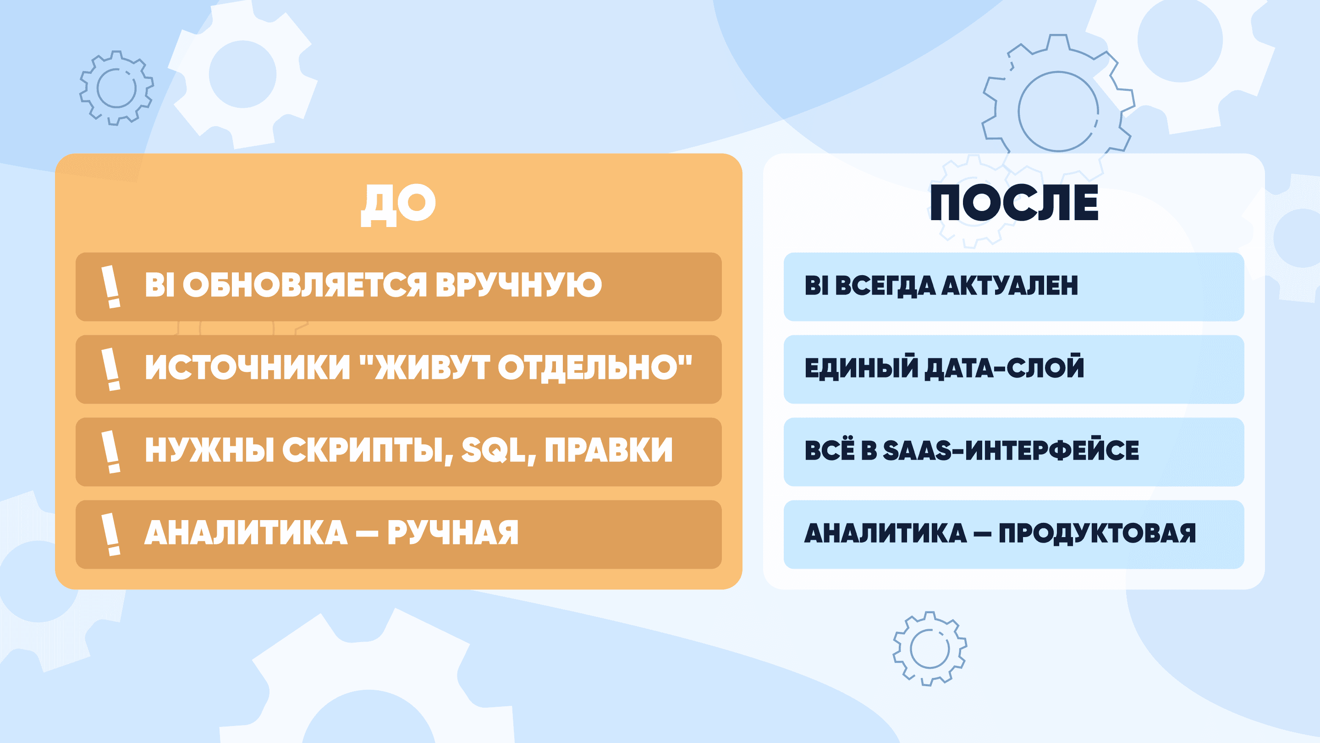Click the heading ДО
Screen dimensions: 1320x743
[x=398, y=204]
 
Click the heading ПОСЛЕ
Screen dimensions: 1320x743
[x=1014, y=203]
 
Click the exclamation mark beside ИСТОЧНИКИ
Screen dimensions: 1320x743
[x=110, y=369]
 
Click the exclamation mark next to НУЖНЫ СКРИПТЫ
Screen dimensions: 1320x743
[x=110, y=452]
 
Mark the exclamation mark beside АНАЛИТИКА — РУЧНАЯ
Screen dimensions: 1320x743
[x=110, y=534]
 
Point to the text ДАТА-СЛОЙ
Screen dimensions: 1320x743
[x=1004, y=368]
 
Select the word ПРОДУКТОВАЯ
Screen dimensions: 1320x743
[x=1097, y=533]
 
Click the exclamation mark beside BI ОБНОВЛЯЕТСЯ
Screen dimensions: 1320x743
[x=110, y=287]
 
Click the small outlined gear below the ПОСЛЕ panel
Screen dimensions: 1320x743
[x=929, y=649]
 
